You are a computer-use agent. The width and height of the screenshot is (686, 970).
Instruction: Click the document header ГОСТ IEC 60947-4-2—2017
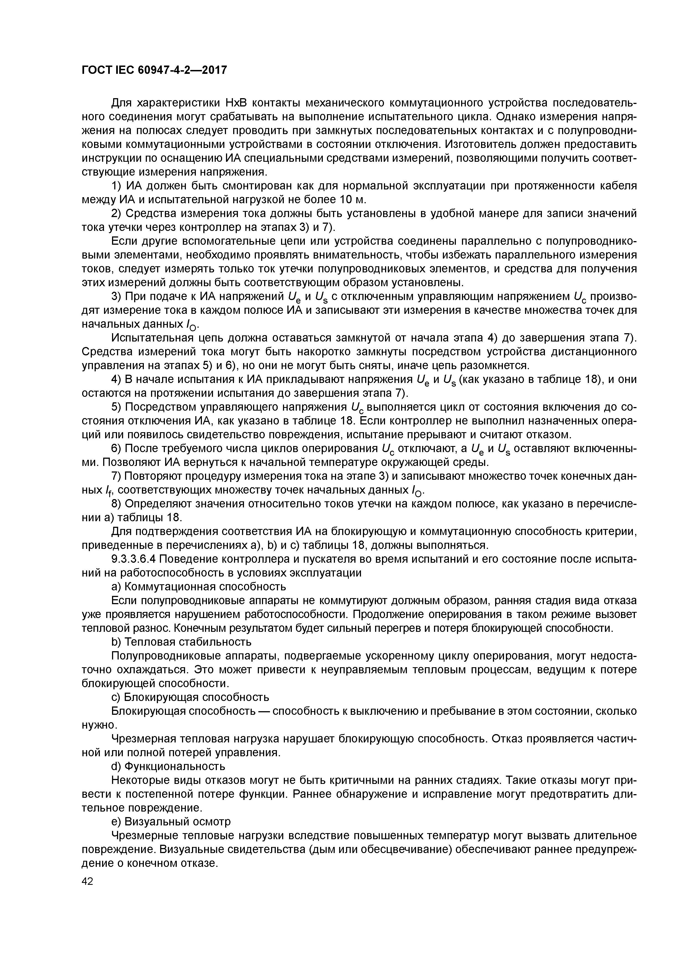tap(154, 70)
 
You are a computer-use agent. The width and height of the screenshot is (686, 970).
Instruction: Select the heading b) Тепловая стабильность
tap(181, 642)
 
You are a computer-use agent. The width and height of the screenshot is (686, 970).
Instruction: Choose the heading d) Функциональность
tap(168, 766)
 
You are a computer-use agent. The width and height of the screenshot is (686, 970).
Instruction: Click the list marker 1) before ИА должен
tap(117, 186)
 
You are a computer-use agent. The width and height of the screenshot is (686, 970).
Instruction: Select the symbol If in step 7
tap(109, 491)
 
